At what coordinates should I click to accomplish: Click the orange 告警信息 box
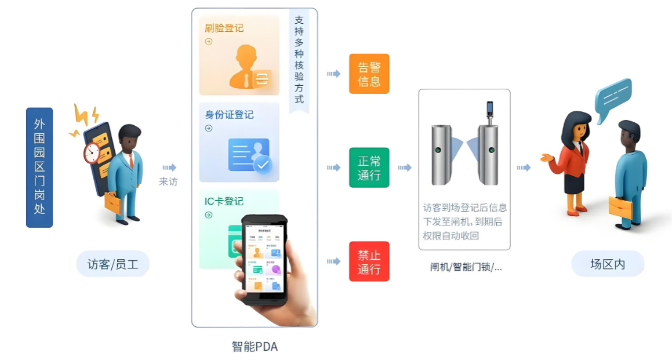[369, 74]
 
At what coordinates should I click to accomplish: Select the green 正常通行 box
[369, 168]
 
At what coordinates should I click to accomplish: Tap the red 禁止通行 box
[369, 261]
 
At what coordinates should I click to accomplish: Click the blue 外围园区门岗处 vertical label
[39, 167]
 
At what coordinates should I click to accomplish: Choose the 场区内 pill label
[608, 264]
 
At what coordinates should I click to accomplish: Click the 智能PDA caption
[255, 347]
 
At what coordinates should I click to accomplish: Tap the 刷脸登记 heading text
[224, 28]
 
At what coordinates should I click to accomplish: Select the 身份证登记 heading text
[229, 114]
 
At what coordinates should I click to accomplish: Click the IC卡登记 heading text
[224, 201]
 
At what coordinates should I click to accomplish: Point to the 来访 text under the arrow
[168, 181]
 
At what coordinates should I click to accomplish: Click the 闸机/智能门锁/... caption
[466, 267]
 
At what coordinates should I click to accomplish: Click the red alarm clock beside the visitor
[92, 153]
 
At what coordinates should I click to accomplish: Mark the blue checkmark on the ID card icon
[263, 164]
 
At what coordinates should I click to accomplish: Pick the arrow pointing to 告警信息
[333, 74]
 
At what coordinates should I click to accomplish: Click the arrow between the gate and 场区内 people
[524, 168]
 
